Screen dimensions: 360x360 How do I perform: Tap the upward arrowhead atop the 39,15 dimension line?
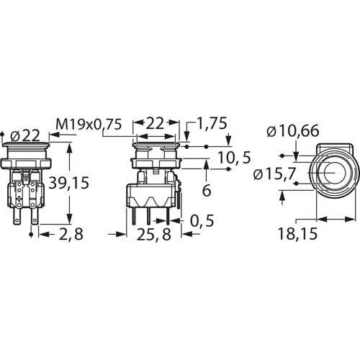coord(69,147)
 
